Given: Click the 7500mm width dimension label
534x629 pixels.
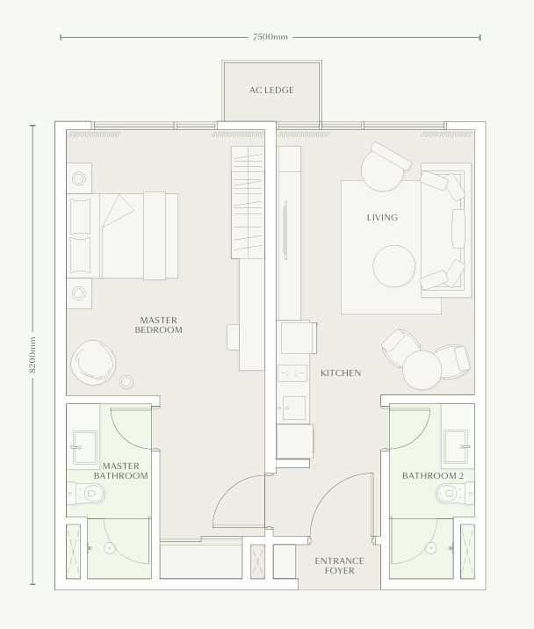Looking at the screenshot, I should (270, 37).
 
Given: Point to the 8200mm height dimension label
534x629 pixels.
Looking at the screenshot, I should (33, 354).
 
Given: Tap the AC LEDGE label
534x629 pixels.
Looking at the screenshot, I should (271, 90).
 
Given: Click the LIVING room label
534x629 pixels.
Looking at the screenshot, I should (382, 217).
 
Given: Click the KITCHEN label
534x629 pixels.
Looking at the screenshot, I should (340, 373).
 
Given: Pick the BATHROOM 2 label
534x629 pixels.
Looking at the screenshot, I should (432, 475).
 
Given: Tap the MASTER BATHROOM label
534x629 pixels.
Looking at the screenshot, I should (120, 471).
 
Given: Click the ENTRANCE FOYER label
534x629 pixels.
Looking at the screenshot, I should (339, 566).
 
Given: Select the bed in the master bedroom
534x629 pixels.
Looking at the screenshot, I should (123, 235).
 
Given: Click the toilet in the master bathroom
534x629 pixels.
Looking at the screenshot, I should (85, 495).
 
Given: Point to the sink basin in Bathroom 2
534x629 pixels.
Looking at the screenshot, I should (457, 445).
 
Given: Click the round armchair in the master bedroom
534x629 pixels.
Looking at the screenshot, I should (92, 360).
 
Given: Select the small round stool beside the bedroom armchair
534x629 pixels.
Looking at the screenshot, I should (126, 381).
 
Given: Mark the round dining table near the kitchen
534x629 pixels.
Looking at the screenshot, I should (422, 368).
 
